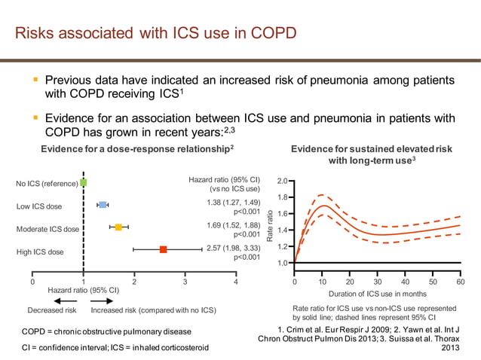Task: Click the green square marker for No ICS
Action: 83,182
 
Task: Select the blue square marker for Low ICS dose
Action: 103,205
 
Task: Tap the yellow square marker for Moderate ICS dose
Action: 118,227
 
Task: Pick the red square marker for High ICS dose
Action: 163,249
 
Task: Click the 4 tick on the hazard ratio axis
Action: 236,282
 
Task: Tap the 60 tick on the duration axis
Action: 461,282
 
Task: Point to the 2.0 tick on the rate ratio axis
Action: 281,182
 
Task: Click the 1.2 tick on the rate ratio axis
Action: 281,247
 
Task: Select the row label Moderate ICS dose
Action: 47,229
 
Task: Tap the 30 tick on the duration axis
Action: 378,282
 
